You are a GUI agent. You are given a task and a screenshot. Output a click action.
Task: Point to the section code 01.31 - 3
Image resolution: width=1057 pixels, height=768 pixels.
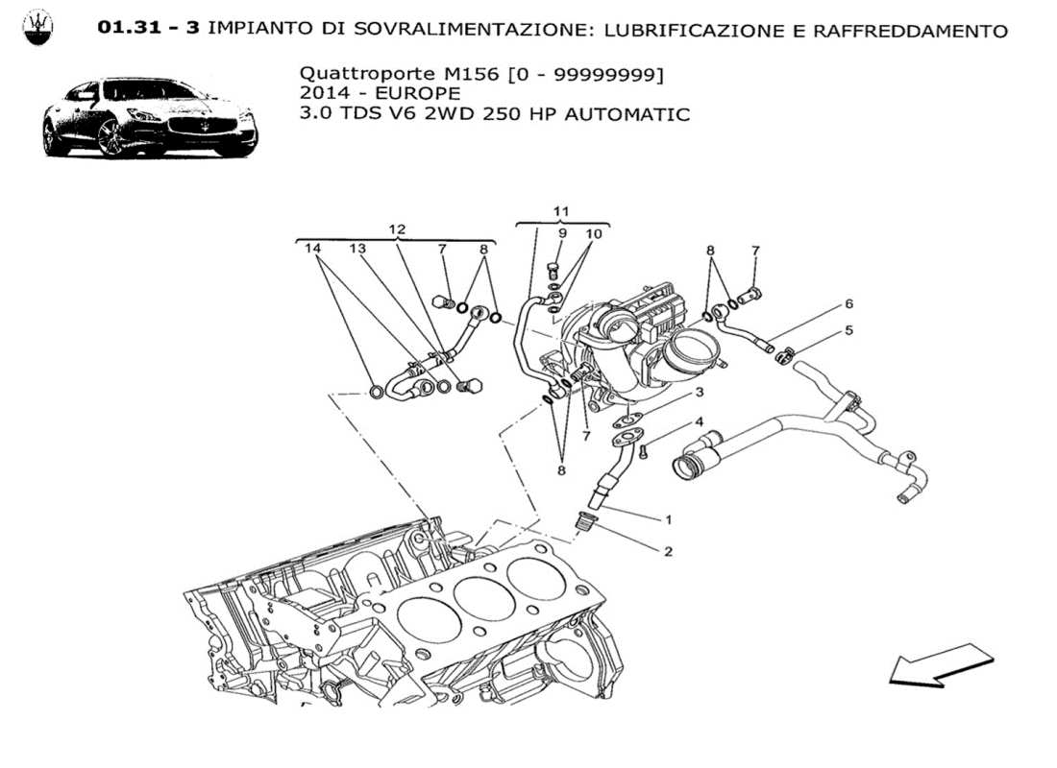coord(149,29)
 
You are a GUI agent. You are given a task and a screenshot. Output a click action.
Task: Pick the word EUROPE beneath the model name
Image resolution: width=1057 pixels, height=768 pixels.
coord(417,93)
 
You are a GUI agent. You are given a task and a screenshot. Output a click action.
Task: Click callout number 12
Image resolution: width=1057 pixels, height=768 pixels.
coord(397,229)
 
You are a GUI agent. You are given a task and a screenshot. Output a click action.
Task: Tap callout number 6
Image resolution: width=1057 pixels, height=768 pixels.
coord(848,304)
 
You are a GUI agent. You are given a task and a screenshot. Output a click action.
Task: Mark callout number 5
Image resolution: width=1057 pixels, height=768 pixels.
coord(848,331)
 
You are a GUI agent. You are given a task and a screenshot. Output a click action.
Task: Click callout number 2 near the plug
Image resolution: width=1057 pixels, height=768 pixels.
coord(667,551)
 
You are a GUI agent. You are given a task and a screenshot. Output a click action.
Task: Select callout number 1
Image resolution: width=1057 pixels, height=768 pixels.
coord(667,519)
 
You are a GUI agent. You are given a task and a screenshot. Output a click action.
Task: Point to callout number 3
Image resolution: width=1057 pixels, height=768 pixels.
coord(700,392)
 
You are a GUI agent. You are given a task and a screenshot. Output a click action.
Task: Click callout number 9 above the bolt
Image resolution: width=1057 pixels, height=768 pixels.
coord(562,233)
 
